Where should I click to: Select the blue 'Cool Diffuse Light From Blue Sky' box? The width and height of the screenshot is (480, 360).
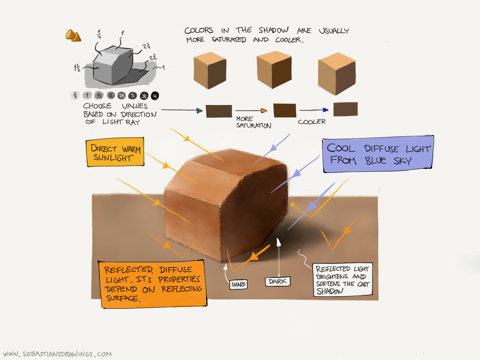point(378,154)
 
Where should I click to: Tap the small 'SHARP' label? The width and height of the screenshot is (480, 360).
point(238,285)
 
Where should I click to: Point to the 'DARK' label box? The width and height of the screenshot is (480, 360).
point(277,282)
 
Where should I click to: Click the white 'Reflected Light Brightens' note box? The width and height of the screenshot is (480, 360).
point(342,280)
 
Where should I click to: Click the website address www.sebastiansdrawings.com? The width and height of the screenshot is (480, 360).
point(57,354)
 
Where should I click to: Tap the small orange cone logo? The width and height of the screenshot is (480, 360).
point(73,36)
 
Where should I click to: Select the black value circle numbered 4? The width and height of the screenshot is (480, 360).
point(155,96)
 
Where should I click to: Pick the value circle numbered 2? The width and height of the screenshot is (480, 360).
point(111,96)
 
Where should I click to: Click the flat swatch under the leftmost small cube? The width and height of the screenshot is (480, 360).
point(219,111)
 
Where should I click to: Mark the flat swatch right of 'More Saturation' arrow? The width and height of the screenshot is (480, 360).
point(285,111)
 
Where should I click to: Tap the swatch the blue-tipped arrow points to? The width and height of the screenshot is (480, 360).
point(345,109)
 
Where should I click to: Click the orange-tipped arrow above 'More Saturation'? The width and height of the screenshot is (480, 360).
point(264,111)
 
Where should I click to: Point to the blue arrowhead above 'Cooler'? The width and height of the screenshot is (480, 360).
point(325,110)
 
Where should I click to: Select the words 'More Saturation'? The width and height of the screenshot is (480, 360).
point(253,122)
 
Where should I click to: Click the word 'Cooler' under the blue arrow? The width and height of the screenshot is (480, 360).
point(312,122)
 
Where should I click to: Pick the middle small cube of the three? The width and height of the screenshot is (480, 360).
point(274,70)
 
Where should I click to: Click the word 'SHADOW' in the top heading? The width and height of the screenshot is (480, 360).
point(273,30)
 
